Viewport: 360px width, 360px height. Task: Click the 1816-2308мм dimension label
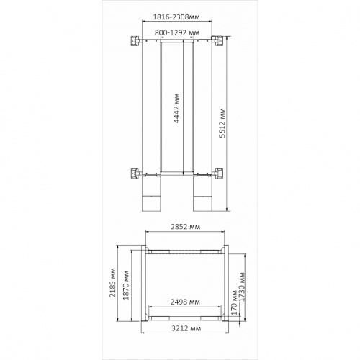click(x=176, y=17)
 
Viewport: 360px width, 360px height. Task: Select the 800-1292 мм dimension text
click(x=177, y=32)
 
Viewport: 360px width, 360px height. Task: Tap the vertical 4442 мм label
click(x=176, y=108)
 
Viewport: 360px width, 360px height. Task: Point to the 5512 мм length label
click(x=223, y=123)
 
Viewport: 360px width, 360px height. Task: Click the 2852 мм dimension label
click(x=185, y=227)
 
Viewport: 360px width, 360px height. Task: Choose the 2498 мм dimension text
click(x=185, y=302)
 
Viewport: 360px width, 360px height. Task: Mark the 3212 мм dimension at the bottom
click(x=186, y=328)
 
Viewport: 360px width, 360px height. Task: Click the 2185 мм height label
click(x=112, y=283)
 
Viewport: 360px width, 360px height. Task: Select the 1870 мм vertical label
click(x=126, y=285)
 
